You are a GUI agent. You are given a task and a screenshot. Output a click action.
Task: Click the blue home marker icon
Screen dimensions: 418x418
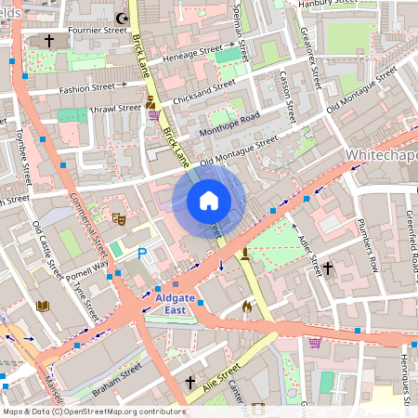[x=209, y=201]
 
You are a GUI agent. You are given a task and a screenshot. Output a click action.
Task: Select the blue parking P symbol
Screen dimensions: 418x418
[x=142, y=253]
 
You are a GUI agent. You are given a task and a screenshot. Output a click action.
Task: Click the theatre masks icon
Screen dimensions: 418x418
[x=119, y=218]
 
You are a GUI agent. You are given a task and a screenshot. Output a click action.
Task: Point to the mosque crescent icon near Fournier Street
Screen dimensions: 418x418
[x=120, y=18]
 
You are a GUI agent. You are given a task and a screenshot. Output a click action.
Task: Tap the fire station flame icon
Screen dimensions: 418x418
[x=247, y=306]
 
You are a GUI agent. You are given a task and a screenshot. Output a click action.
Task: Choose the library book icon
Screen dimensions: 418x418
[x=42, y=306]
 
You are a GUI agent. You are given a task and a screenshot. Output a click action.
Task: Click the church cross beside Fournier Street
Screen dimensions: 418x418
[x=48, y=41]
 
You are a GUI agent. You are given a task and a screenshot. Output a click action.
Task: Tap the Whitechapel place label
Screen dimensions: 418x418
[x=381, y=153]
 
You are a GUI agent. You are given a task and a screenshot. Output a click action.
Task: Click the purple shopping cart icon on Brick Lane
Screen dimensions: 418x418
[x=152, y=116]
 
